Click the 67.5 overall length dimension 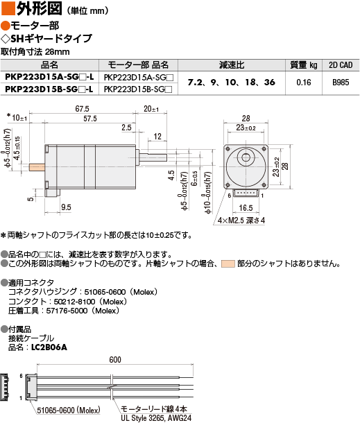point(82,109)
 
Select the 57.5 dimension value point(90,119)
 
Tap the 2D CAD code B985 point(341,83)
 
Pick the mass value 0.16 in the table point(304,83)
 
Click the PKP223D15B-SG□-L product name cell point(49,89)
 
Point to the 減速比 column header point(232,65)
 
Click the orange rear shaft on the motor point(37,167)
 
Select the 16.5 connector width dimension point(246,208)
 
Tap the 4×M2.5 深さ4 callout point(241,221)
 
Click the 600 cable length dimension point(115,360)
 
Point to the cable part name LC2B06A point(49,347)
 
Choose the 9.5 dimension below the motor point(66,207)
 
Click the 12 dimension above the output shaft point(157,136)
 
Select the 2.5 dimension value point(126,128)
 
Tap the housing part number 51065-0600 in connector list point(105,292)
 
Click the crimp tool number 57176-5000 point(67,311)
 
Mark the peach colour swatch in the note point(228,264)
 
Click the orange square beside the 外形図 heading point(8,8)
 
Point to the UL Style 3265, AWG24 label point(156,418)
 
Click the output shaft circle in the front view point(246,157)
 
